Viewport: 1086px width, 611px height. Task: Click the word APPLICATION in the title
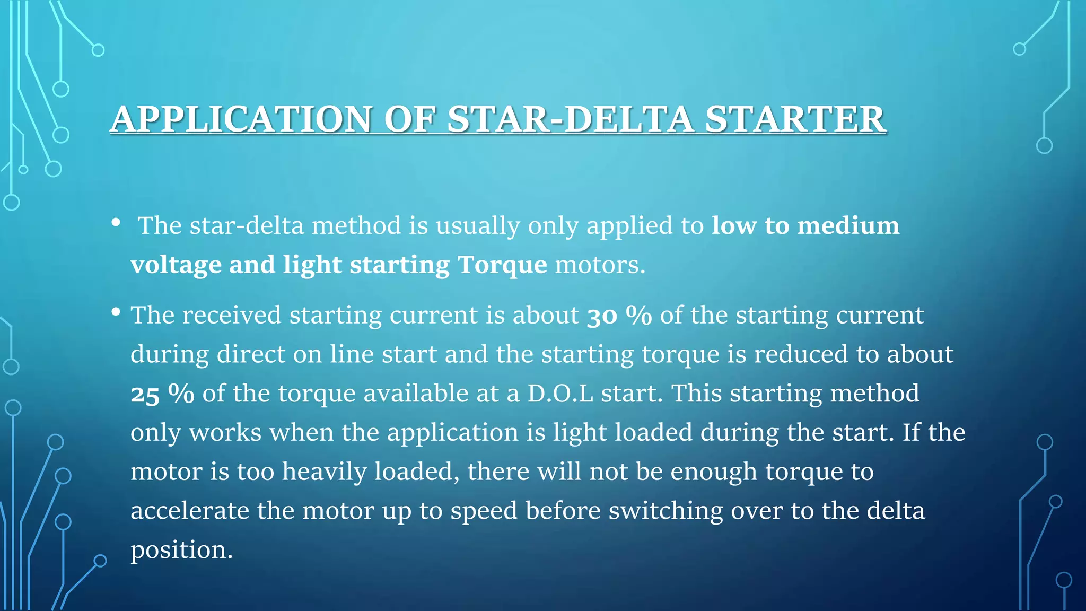(x=241, y=119)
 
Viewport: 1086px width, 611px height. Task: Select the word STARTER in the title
(x=795, y=119)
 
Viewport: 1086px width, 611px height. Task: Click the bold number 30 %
(x=619, y=316)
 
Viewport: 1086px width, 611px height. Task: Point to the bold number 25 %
(x=162, y=394)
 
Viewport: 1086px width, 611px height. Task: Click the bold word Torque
(x=502, y=265)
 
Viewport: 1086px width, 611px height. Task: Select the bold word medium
(x=848, y=225)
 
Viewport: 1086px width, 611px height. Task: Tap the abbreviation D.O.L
(x=560, y=394)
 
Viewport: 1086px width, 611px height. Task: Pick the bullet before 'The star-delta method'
(x=116, y=223)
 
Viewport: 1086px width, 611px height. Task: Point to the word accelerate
(x=189, y=511)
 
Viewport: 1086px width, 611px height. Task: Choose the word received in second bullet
(x=232, y=315)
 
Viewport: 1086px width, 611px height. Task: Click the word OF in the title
(x=410, y=119)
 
